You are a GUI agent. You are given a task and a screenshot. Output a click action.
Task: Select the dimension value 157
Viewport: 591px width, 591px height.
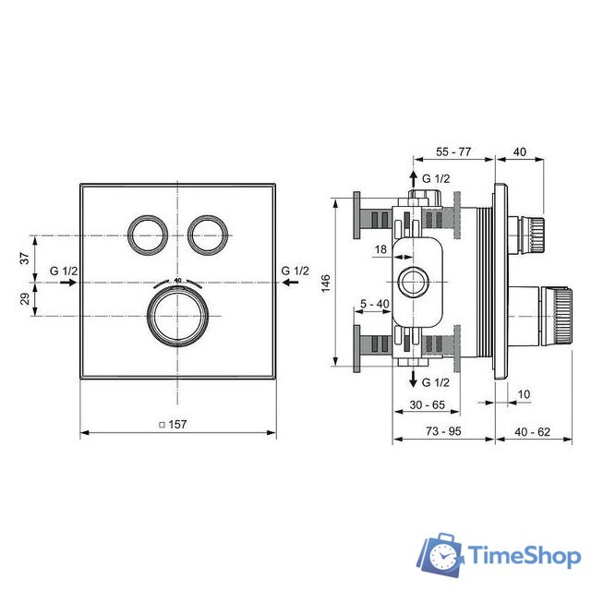pos(177,425)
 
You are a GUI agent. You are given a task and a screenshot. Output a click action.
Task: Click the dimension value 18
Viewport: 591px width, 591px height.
pos(381,249)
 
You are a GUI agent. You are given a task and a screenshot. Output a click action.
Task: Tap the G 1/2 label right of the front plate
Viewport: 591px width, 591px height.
pos(295,271)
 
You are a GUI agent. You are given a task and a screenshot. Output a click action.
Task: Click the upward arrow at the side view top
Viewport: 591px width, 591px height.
pos(412,177)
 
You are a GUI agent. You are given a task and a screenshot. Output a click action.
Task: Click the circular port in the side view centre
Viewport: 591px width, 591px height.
pos(412,280)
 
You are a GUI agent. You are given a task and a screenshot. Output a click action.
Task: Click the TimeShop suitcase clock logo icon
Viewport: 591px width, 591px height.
pos(442,557)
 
